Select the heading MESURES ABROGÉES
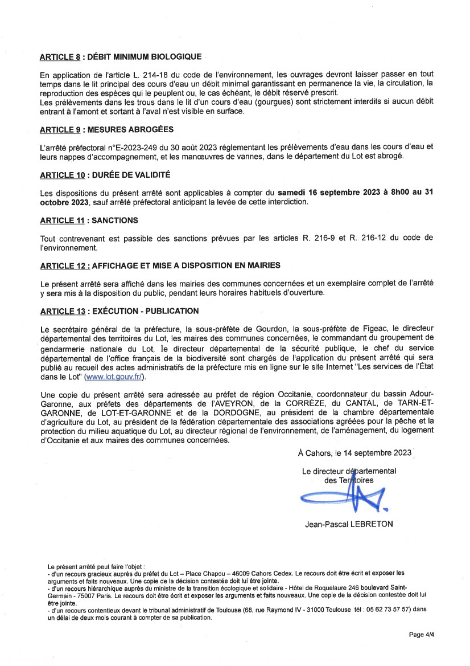tap(129, 130)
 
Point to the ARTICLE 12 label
tap(64, 265)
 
